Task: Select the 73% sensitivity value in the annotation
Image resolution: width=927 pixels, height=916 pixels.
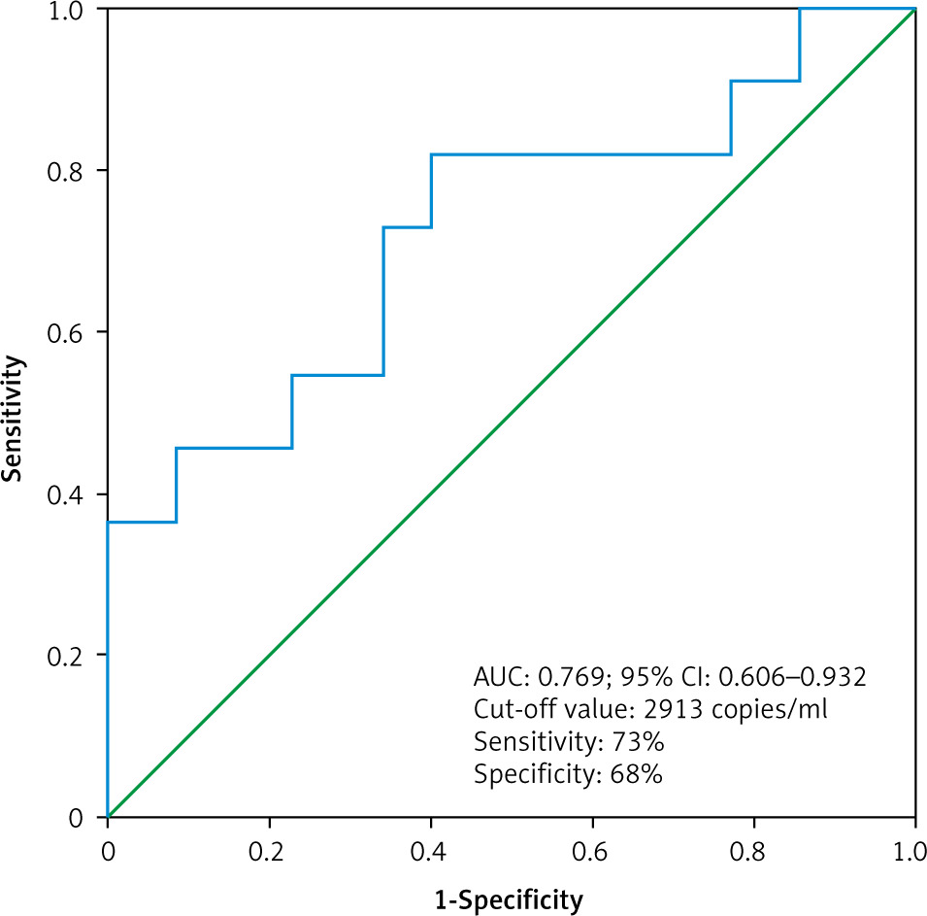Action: pyautogui.click(x=638, y=743)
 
